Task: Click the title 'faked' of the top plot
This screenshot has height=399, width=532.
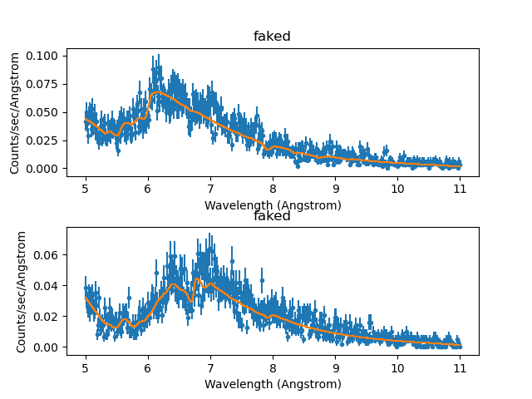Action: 272,37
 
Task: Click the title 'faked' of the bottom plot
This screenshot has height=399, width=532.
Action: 272,216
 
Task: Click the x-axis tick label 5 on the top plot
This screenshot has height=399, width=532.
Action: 86,189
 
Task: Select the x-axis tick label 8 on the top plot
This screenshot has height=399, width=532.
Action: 273,189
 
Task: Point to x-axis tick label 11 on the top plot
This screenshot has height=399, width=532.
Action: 460,189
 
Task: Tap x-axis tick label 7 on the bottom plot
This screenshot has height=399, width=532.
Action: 210,368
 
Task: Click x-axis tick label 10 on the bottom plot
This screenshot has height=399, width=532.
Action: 397,368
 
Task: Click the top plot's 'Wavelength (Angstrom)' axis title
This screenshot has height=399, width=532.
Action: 272,204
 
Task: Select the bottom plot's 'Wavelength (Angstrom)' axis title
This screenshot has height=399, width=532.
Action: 272,384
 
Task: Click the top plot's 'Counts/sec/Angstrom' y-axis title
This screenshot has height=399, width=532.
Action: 15,111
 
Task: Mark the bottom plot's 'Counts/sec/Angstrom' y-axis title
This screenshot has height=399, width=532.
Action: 22,291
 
